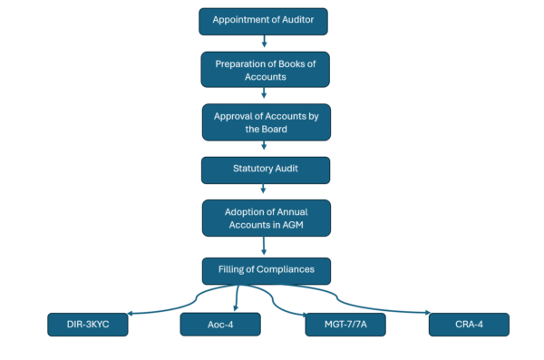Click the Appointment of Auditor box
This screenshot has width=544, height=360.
(263, 22)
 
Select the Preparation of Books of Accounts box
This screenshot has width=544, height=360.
(266, 70)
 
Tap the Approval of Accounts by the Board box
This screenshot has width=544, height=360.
(267, 122)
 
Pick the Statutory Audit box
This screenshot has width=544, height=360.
(266, 170)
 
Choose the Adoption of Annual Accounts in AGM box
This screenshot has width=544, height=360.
(267, 218)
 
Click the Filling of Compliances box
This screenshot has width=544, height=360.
(267, 271)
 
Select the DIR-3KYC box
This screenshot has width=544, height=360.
(88, 325)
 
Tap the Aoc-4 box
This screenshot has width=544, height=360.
(220, 325)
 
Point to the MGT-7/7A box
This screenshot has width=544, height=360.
(345, 325)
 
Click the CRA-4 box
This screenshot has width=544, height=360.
(469, 325)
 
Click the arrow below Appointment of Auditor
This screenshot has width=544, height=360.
(264, 41)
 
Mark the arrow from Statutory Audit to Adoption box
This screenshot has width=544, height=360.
(263, 189)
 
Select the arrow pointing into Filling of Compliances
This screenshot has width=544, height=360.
(264, 246)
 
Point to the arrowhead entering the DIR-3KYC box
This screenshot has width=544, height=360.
(130, 314)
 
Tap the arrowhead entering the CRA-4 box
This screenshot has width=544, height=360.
(428, 313)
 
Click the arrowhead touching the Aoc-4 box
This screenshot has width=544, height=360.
(236, 308)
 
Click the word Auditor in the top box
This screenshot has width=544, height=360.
(297, 20)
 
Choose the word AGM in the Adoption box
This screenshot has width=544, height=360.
(293, 225)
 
